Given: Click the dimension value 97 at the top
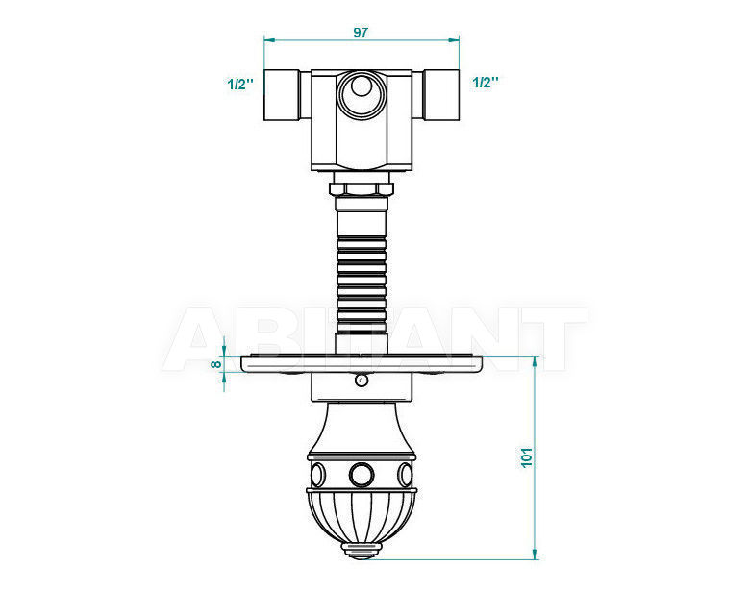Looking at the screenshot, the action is coord(361,33).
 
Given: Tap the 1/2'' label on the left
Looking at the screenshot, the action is coord(239,85).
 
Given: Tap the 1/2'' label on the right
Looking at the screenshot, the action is coord(485,83).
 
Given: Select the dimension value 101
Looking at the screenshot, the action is coord(526,457).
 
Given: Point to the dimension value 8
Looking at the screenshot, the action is coord(216,364).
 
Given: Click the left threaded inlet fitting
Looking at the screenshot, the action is coord(282,95).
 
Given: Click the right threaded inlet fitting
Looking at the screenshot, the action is coord(441,95).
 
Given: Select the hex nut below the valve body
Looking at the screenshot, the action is coord(362,188).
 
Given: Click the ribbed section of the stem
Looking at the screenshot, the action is coord(362,284).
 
